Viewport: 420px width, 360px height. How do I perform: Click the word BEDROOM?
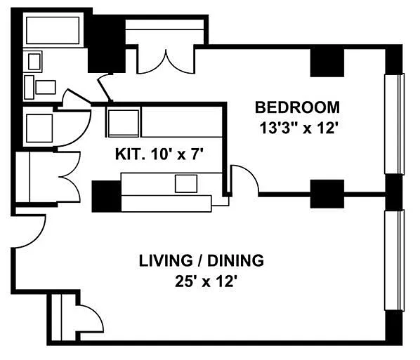pyautogui.click(x=297, y=107)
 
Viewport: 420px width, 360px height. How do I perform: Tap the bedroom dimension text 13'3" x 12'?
pyautogui.click(x=298, y=128)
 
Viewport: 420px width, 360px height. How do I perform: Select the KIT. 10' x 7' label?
pyautogui.click(x=159, y=154)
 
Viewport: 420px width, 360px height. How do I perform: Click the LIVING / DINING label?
pyautogui.click(x=202, y=260)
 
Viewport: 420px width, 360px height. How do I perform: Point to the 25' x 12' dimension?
pyautogui.click(x=206, y=281)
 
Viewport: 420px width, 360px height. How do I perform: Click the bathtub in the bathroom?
pyautogui.click(x=53, y=30)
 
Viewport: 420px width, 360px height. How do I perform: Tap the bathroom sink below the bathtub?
pyautogui.click(x=34, y=62)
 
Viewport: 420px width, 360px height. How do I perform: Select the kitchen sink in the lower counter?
pyautogui.click(x=186, y=183)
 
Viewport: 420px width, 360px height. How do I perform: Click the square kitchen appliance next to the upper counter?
pyautogui.click(x=123, y=123)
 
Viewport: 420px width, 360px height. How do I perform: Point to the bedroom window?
pyautogui.click(x=394, y=124)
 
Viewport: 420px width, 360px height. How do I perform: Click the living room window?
pyautogui.click(x=394, y=260)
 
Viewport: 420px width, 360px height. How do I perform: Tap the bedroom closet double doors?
pyautogui.click(x=166, y=61)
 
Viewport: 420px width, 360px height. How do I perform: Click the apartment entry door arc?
pyautogui.click(x=30, y=231)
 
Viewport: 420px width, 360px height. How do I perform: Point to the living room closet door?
pyautogui.click(x=90, y=318)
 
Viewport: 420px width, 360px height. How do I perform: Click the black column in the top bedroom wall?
pyautogui.click(x=327, y=63)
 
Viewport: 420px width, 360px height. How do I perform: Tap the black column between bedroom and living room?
pyautogui.click(x=327, y=194)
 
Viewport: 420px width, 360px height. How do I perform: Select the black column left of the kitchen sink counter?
pyautogui.click(x=106, y=196)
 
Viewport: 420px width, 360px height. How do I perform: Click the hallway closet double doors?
pyautogui.click(x=69, y=177)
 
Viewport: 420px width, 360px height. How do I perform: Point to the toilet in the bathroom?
pyautogui.click(x=40, y=87)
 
